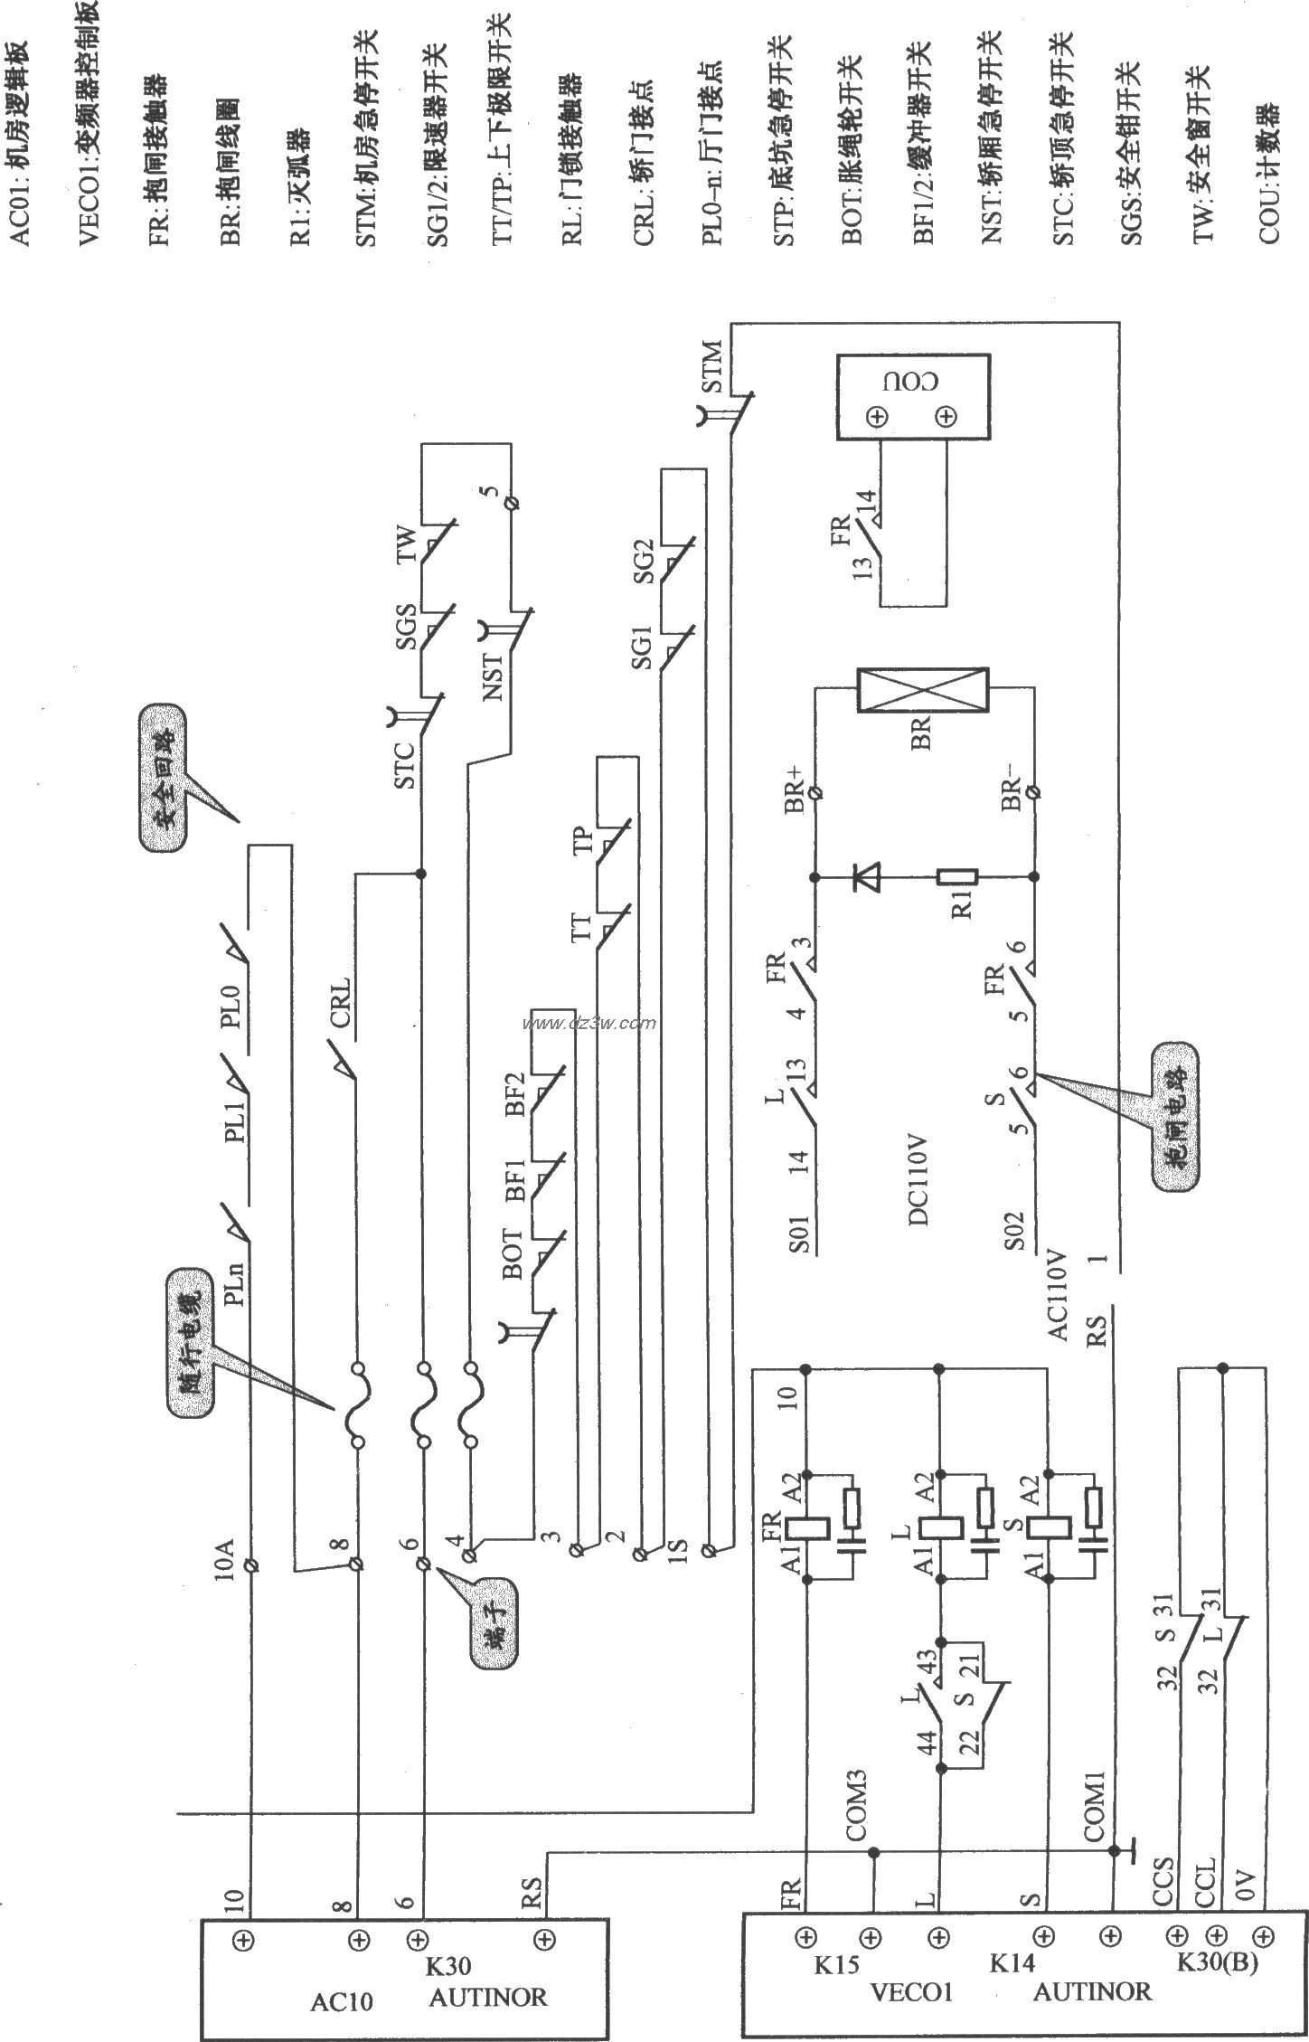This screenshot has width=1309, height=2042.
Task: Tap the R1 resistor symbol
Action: (x=956, y=876)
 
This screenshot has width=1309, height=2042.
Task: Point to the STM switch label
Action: (x=711, y=366)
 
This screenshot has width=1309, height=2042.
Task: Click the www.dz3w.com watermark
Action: (x=589, y=1024)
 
